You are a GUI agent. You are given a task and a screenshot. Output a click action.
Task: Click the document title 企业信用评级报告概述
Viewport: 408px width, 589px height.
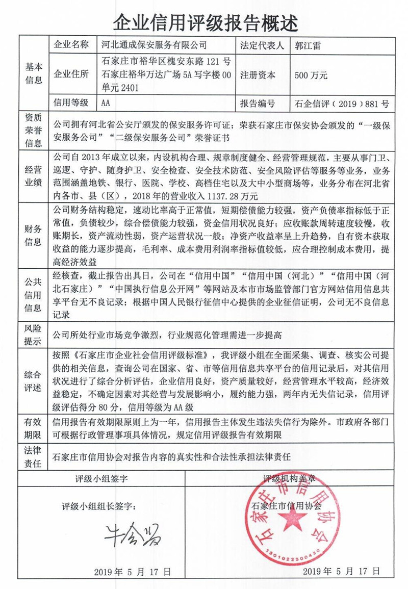(204, 21)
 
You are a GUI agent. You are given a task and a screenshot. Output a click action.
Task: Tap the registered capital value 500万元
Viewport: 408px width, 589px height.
(311, 74)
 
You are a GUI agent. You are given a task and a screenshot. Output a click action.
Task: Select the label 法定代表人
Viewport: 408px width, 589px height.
(262, 44)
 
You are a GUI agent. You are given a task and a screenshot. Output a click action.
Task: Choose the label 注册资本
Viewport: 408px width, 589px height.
(258, 74)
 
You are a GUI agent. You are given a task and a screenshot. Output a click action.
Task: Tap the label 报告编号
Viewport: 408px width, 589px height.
(258, 104)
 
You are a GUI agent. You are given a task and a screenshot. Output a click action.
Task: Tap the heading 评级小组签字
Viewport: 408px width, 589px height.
(101, 479)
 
